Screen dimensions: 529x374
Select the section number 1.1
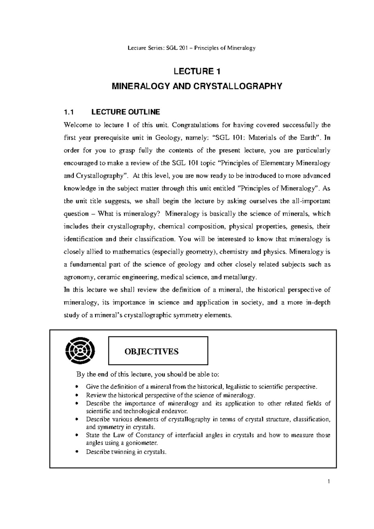(x=68, y=112)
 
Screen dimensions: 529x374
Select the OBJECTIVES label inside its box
(x=151, y=351)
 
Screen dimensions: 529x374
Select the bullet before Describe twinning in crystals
(x=76, y=452)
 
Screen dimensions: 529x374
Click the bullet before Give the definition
(x=76, y=387)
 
